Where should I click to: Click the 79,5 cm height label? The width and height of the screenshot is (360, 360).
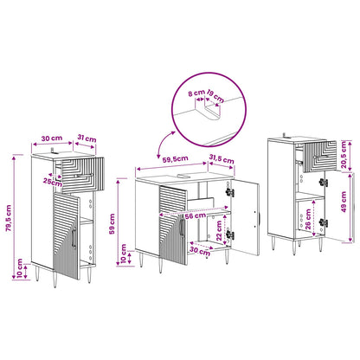9,218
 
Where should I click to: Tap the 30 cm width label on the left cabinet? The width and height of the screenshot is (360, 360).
52,138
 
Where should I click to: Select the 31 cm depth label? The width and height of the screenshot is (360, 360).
87,138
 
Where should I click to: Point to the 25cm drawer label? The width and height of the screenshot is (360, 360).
53,182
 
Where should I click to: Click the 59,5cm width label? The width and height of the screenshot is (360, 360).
175,159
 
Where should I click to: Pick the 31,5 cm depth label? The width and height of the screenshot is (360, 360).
222,158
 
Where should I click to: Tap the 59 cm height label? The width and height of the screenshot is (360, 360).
112,223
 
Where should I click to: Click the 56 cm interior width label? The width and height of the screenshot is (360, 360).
196,215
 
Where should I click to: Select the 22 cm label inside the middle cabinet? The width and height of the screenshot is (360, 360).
219,231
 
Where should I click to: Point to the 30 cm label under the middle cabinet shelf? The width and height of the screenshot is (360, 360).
200,251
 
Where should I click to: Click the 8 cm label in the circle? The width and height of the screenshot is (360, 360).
196,93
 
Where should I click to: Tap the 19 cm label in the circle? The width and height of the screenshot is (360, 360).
215,96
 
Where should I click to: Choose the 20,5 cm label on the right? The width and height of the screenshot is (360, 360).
344,156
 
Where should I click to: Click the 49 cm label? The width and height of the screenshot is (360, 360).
344,202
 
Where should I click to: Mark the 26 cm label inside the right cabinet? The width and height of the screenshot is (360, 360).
308,219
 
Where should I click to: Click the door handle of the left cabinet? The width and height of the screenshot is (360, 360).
74,237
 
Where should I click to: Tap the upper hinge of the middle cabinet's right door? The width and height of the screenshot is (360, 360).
229,192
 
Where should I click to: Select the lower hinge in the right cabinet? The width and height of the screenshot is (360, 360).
323,222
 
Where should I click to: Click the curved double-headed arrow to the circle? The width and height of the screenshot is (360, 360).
164,143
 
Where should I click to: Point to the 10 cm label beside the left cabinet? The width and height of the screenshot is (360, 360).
19,268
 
